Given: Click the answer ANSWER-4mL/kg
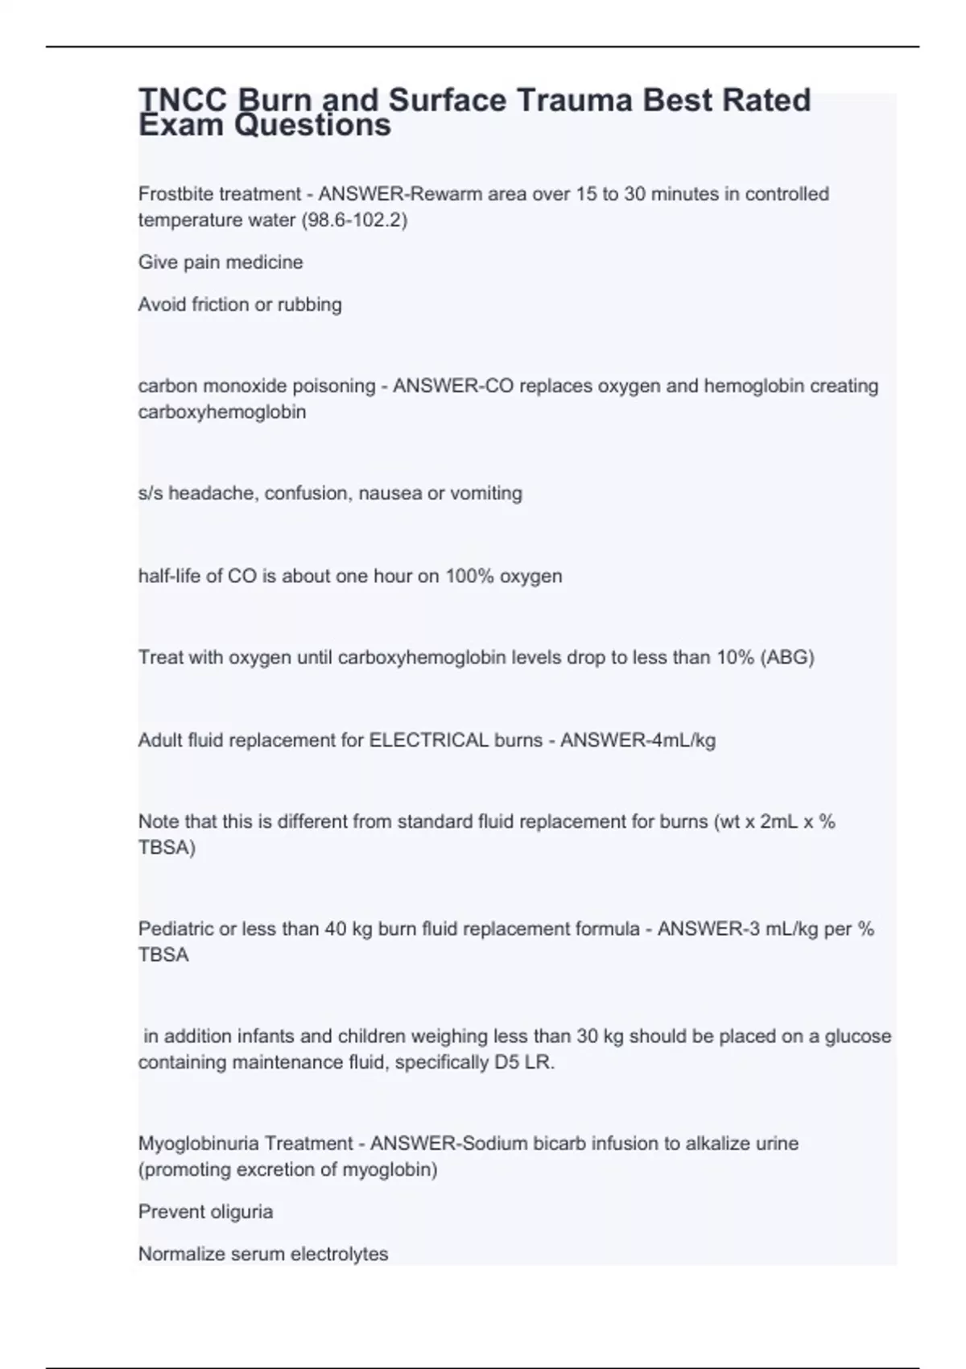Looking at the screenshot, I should tap(638, 740).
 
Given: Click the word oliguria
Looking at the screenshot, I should tap(239, 1211).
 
